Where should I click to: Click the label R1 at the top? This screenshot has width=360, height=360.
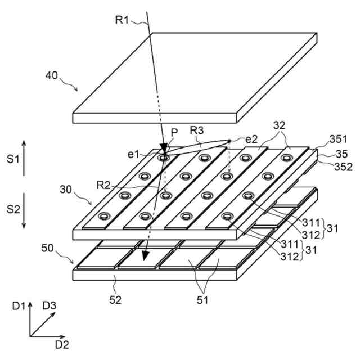(x=123, y=20)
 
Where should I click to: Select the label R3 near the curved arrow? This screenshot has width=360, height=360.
(x=196, y=130)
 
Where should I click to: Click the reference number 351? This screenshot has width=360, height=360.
(x=339, y=139)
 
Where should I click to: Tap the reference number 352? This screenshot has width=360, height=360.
(x=343, y=166)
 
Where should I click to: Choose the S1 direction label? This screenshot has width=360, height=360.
(x=13, y=159)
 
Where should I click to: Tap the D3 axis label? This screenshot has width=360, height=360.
(x=49, y=306)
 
